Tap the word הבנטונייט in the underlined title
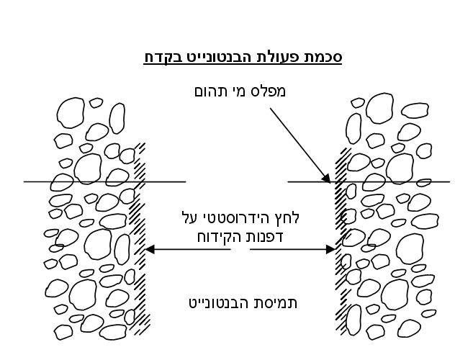(212, 57)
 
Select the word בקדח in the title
(160, 58)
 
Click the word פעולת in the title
(275, 57)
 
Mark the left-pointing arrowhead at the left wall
(150, 250)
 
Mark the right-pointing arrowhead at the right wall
(331, 250)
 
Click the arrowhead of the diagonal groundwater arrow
(326, 178)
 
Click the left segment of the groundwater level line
(104, 181)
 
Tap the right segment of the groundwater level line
(369, 181)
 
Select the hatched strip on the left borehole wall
(140, 238)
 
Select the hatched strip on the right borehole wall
(343, 241)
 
